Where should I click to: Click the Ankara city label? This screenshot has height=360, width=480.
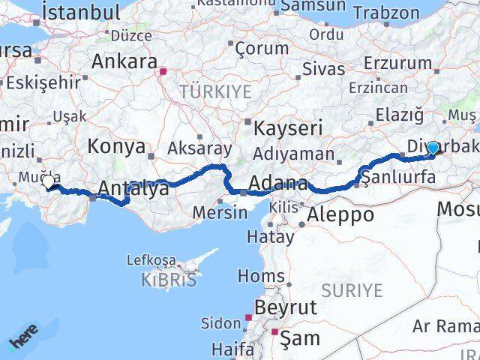(124, 61)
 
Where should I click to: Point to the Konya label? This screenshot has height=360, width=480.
(115, 145)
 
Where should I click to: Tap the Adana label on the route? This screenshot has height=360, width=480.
(277, 184)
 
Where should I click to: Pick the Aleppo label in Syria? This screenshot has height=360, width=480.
(340, 214)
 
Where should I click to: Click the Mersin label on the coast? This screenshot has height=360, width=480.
(220, 212)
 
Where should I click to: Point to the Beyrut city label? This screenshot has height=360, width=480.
(286, 307)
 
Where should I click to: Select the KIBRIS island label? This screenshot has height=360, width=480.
(169, 280)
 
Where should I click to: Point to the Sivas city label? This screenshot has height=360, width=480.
(323, 69)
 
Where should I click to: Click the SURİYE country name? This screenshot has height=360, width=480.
(352, 290)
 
